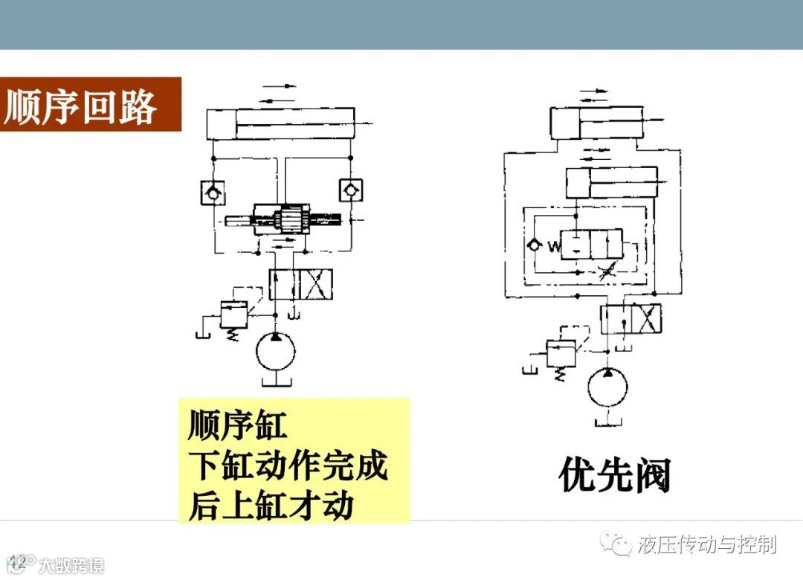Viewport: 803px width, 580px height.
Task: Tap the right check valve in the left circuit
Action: click(349, 191)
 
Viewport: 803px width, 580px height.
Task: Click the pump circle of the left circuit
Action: click(275, 352)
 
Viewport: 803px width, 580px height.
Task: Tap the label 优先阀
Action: click(614, 475)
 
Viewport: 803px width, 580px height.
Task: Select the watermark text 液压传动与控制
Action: click(707, 544)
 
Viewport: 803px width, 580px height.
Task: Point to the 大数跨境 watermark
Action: click(71, 565)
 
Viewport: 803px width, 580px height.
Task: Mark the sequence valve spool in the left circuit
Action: click(283, 219)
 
